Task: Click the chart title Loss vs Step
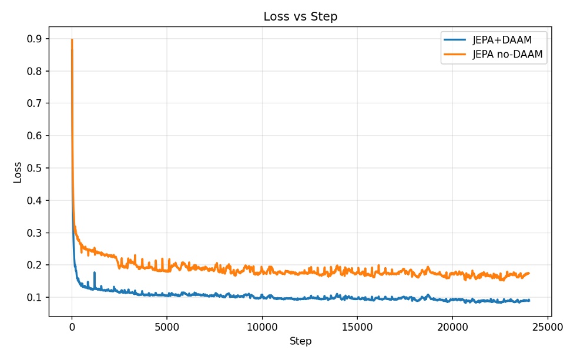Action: [300, 16]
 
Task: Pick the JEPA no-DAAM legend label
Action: [507, 55]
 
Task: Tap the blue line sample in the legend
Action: [456, 41]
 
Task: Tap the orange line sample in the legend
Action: [456, 55]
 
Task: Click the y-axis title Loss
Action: [17, 172]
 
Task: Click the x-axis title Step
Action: [300, 341]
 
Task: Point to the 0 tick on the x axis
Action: [72, 328]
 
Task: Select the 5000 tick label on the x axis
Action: [167, 328]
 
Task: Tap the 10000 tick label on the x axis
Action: [262, 328]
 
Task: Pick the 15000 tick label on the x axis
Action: [357, 328]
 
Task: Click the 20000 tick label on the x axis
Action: [452, 328]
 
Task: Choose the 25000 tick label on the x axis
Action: [548, 328]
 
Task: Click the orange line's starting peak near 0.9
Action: [72, 40]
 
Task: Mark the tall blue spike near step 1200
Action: [94, 273]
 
